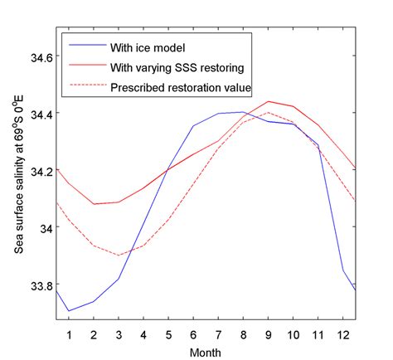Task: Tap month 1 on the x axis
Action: (69, 334)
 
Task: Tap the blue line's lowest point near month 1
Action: (69, 311)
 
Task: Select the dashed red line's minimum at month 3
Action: (119, 255)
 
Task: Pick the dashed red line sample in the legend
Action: (84, 87)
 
